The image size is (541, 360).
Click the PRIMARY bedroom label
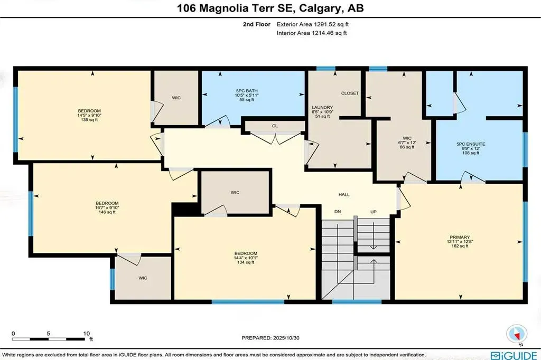point(457,237)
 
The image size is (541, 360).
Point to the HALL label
point(344,195)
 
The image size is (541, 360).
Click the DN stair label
point(337,212)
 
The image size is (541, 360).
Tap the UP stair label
point(373,212)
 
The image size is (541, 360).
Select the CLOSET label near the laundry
point(350,93)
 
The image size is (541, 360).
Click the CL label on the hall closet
point(275,126)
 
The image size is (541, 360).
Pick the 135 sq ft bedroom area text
point(88,120)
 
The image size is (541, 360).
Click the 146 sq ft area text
point(107,212)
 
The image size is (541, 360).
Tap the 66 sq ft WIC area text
point(407,147)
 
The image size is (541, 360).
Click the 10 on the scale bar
point(87,334)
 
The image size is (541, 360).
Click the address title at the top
point(270,8)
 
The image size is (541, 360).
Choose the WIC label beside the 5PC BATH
point(176,98)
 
